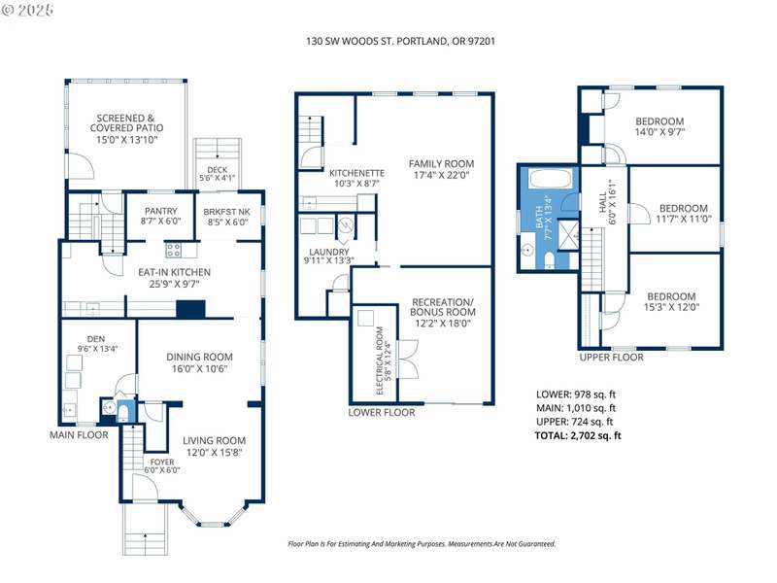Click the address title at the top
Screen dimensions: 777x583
[400, 41]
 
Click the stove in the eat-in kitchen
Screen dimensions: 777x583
[173, 250]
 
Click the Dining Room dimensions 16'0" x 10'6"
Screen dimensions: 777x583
[199, 368]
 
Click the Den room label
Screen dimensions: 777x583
[96, 339]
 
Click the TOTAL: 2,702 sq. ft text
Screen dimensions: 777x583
[578, 435]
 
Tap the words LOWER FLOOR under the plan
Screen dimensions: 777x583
[382, 412]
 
